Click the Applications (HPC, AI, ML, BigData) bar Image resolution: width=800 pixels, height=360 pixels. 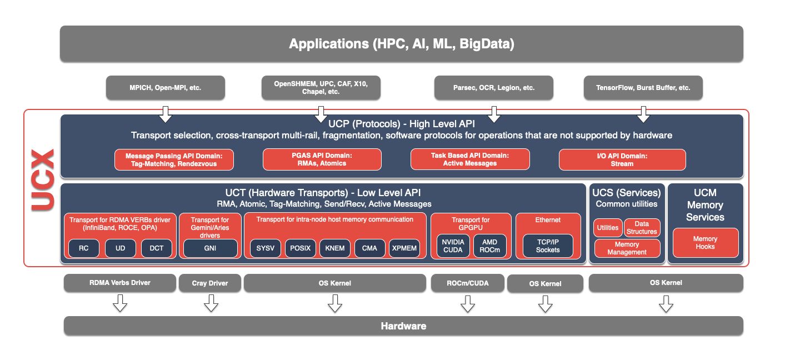[401, 43]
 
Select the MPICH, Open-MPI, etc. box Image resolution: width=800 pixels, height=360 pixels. [165, 88]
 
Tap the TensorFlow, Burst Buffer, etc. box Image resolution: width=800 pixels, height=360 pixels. [643, 88]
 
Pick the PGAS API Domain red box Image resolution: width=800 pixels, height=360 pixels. [322, 159]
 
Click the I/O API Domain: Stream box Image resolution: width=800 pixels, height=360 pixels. [622, 159]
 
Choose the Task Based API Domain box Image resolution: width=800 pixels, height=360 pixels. [469, 159]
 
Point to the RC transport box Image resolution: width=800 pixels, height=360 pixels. [83, 248]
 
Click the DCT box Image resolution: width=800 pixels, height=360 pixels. [157, 248]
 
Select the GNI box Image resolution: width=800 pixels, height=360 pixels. [210, 248]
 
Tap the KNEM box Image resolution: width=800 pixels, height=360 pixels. [335, 248]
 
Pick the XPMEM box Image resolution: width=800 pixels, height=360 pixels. [404, 248]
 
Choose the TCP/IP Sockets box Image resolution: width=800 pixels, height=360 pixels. [548, 246]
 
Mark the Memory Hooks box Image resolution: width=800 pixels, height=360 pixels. [705, 243]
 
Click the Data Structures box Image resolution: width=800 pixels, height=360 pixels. [642, 227]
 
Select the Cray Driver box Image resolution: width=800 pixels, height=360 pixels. [210, 283]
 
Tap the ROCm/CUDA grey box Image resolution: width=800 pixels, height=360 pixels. [467, 283]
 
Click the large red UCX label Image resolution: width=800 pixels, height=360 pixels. [42, 179]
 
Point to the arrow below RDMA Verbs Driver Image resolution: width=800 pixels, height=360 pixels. [120, 303]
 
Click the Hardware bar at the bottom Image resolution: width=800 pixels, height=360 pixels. [403, 326]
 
